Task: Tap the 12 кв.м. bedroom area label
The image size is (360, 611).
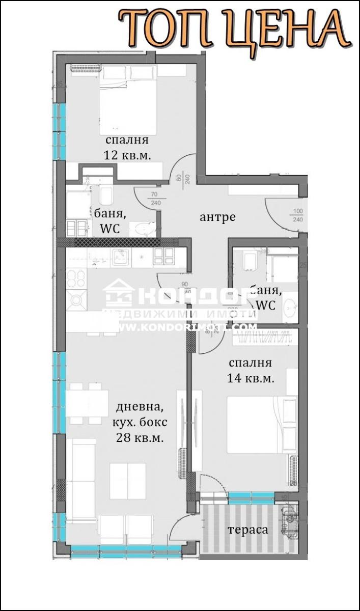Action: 127,155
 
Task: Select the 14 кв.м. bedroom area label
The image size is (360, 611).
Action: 251,378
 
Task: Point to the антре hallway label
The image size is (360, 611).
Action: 217,217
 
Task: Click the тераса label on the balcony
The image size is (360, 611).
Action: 247,530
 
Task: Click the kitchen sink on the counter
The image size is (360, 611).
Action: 120,258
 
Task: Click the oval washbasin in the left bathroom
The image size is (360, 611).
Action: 143,229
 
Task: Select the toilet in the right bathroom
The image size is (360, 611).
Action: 251,261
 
